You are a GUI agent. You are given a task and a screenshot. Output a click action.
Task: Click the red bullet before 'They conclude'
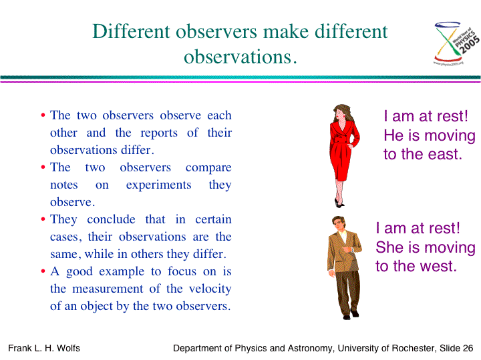(43, 219)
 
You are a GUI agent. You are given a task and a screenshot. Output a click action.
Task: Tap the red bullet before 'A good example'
(43, 271)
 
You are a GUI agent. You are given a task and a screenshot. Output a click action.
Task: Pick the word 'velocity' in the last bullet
(210, 289)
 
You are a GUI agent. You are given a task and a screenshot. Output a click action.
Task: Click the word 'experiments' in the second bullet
(158, 185)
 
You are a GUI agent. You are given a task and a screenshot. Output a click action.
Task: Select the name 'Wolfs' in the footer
(68, 348)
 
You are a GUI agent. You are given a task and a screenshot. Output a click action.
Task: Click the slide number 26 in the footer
(468, 348)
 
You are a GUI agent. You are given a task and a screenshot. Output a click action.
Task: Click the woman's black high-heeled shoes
(339, 203)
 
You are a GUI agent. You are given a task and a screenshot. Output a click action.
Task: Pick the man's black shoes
(351, 315)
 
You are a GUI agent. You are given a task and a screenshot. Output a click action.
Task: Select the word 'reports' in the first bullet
(159, 133)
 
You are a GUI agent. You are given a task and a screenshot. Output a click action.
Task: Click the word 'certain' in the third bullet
(213, 219)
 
